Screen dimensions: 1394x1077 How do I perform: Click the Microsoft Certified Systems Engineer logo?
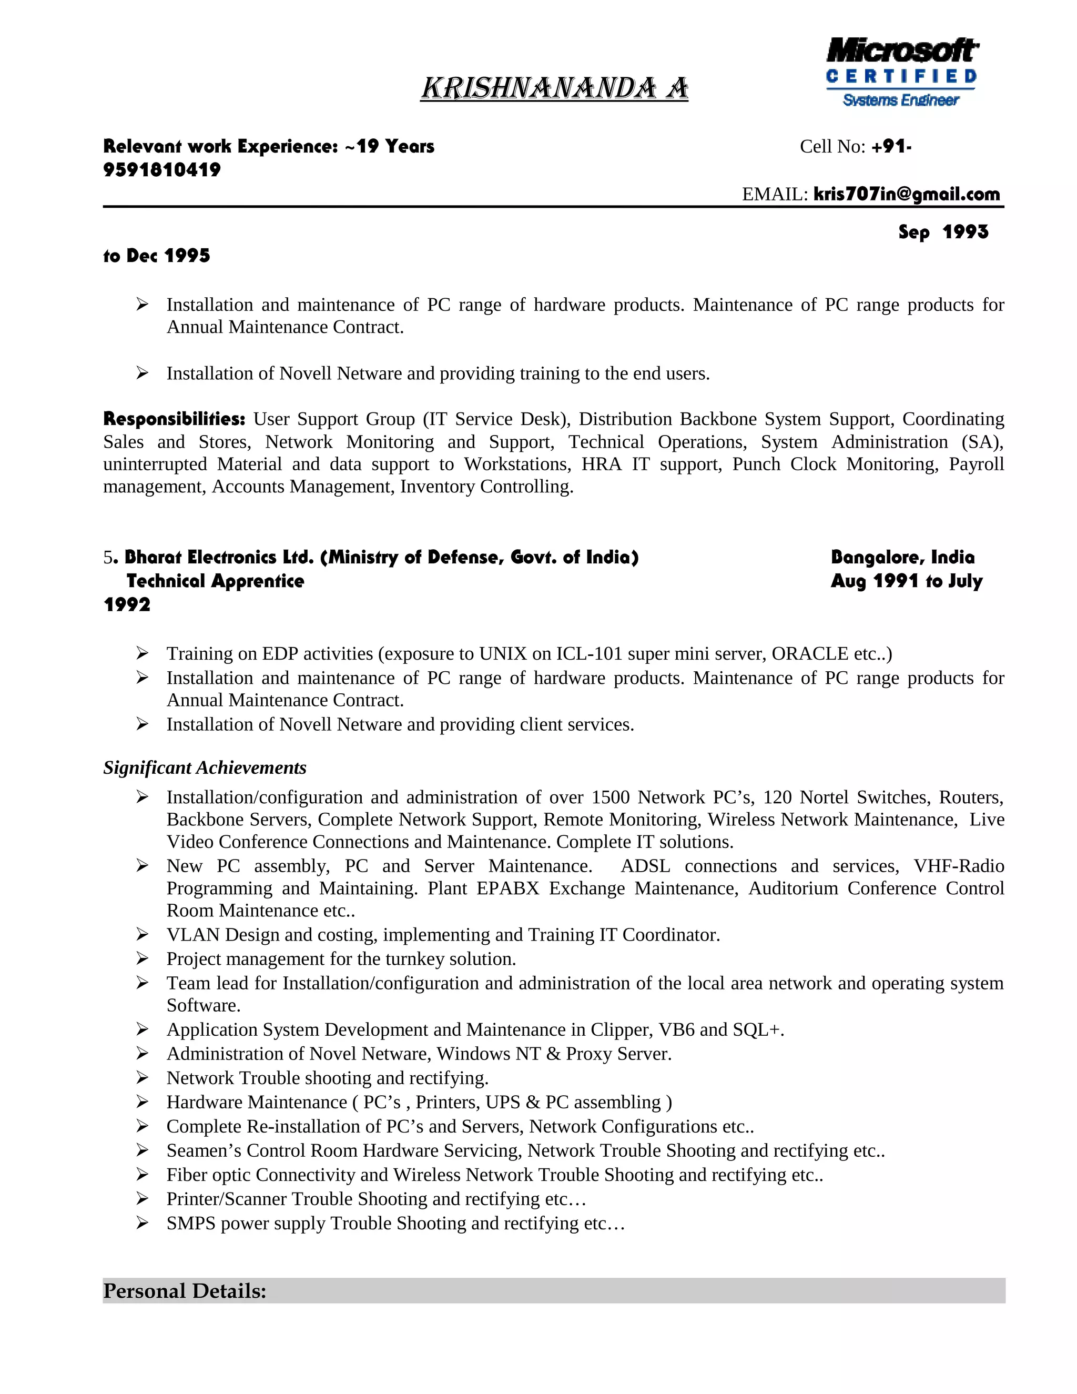click(x=901, y=72)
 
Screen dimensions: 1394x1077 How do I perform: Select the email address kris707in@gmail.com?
click(x=906, y=194)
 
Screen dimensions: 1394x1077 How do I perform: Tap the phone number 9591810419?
click(x=162, y=170)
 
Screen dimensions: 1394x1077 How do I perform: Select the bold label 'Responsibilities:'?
click(x=174, y=419)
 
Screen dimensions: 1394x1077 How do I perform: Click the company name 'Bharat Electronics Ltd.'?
click(x=219, y=557)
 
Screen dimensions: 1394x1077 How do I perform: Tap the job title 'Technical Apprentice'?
click(x=215, y=581)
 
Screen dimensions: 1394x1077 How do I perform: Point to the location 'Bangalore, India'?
click(x=902, y=557)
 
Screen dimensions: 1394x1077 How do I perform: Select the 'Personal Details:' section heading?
click(x=185, y=1290)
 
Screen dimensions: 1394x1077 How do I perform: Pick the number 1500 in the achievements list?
click(x=610, y=797)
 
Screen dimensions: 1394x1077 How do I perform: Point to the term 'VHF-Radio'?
click(x=958, y=866)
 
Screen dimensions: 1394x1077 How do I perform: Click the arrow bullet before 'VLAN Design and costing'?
click(x=143, y=934)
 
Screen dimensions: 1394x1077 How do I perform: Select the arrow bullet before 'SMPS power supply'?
click(x=143, y=1223)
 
